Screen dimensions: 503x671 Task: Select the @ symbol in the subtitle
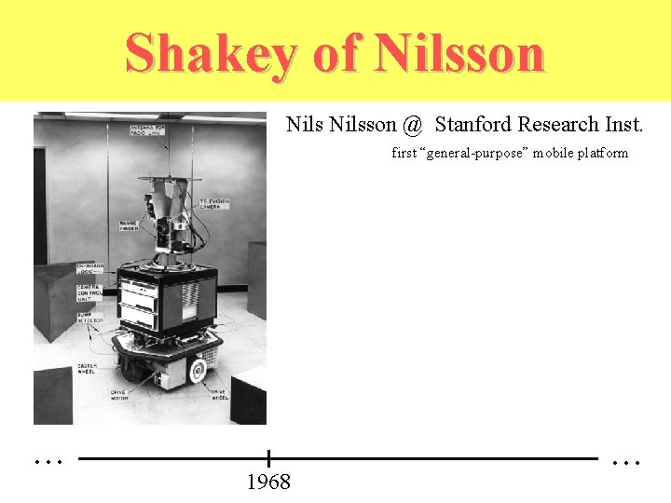click(x=413, y=125)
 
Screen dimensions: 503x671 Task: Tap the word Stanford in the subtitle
click(x=472, y=125)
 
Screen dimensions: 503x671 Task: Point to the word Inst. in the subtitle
click(x=620, y=125)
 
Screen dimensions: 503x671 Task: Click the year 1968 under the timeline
click(x=268, y=482)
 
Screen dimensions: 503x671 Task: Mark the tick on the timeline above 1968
click(x=268, y=458)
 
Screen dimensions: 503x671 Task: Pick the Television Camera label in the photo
click(x=215, y=205)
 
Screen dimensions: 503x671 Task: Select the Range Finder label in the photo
click(x=130, y=225)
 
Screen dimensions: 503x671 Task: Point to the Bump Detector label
click(x=90, y=319)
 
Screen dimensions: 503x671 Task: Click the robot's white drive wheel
click(x=197, y=372)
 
